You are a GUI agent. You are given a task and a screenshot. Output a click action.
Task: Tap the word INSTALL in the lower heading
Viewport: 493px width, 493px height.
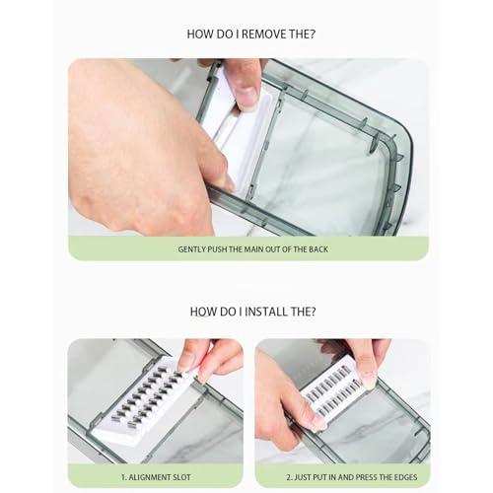coord(266,312)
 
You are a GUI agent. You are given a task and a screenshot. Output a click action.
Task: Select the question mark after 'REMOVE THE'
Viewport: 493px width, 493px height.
coord(312,35)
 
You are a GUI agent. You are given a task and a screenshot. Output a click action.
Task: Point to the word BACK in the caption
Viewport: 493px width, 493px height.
coord(318,249)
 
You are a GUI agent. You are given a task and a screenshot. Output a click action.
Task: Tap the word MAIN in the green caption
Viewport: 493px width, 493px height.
coord(253,249)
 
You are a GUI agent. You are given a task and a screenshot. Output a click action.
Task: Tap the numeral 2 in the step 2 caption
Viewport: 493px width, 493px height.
coord(288,477)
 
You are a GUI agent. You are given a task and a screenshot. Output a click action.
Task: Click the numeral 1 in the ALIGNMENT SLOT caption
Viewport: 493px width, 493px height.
coord(123,477)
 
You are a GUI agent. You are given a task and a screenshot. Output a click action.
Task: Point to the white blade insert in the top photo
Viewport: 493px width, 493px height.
coord(240,131)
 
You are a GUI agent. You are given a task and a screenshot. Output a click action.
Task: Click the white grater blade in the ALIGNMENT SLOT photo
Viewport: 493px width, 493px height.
coord(141,404)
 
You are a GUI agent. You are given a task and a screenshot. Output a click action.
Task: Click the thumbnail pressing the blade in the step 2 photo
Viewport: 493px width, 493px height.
coord(368,381)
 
